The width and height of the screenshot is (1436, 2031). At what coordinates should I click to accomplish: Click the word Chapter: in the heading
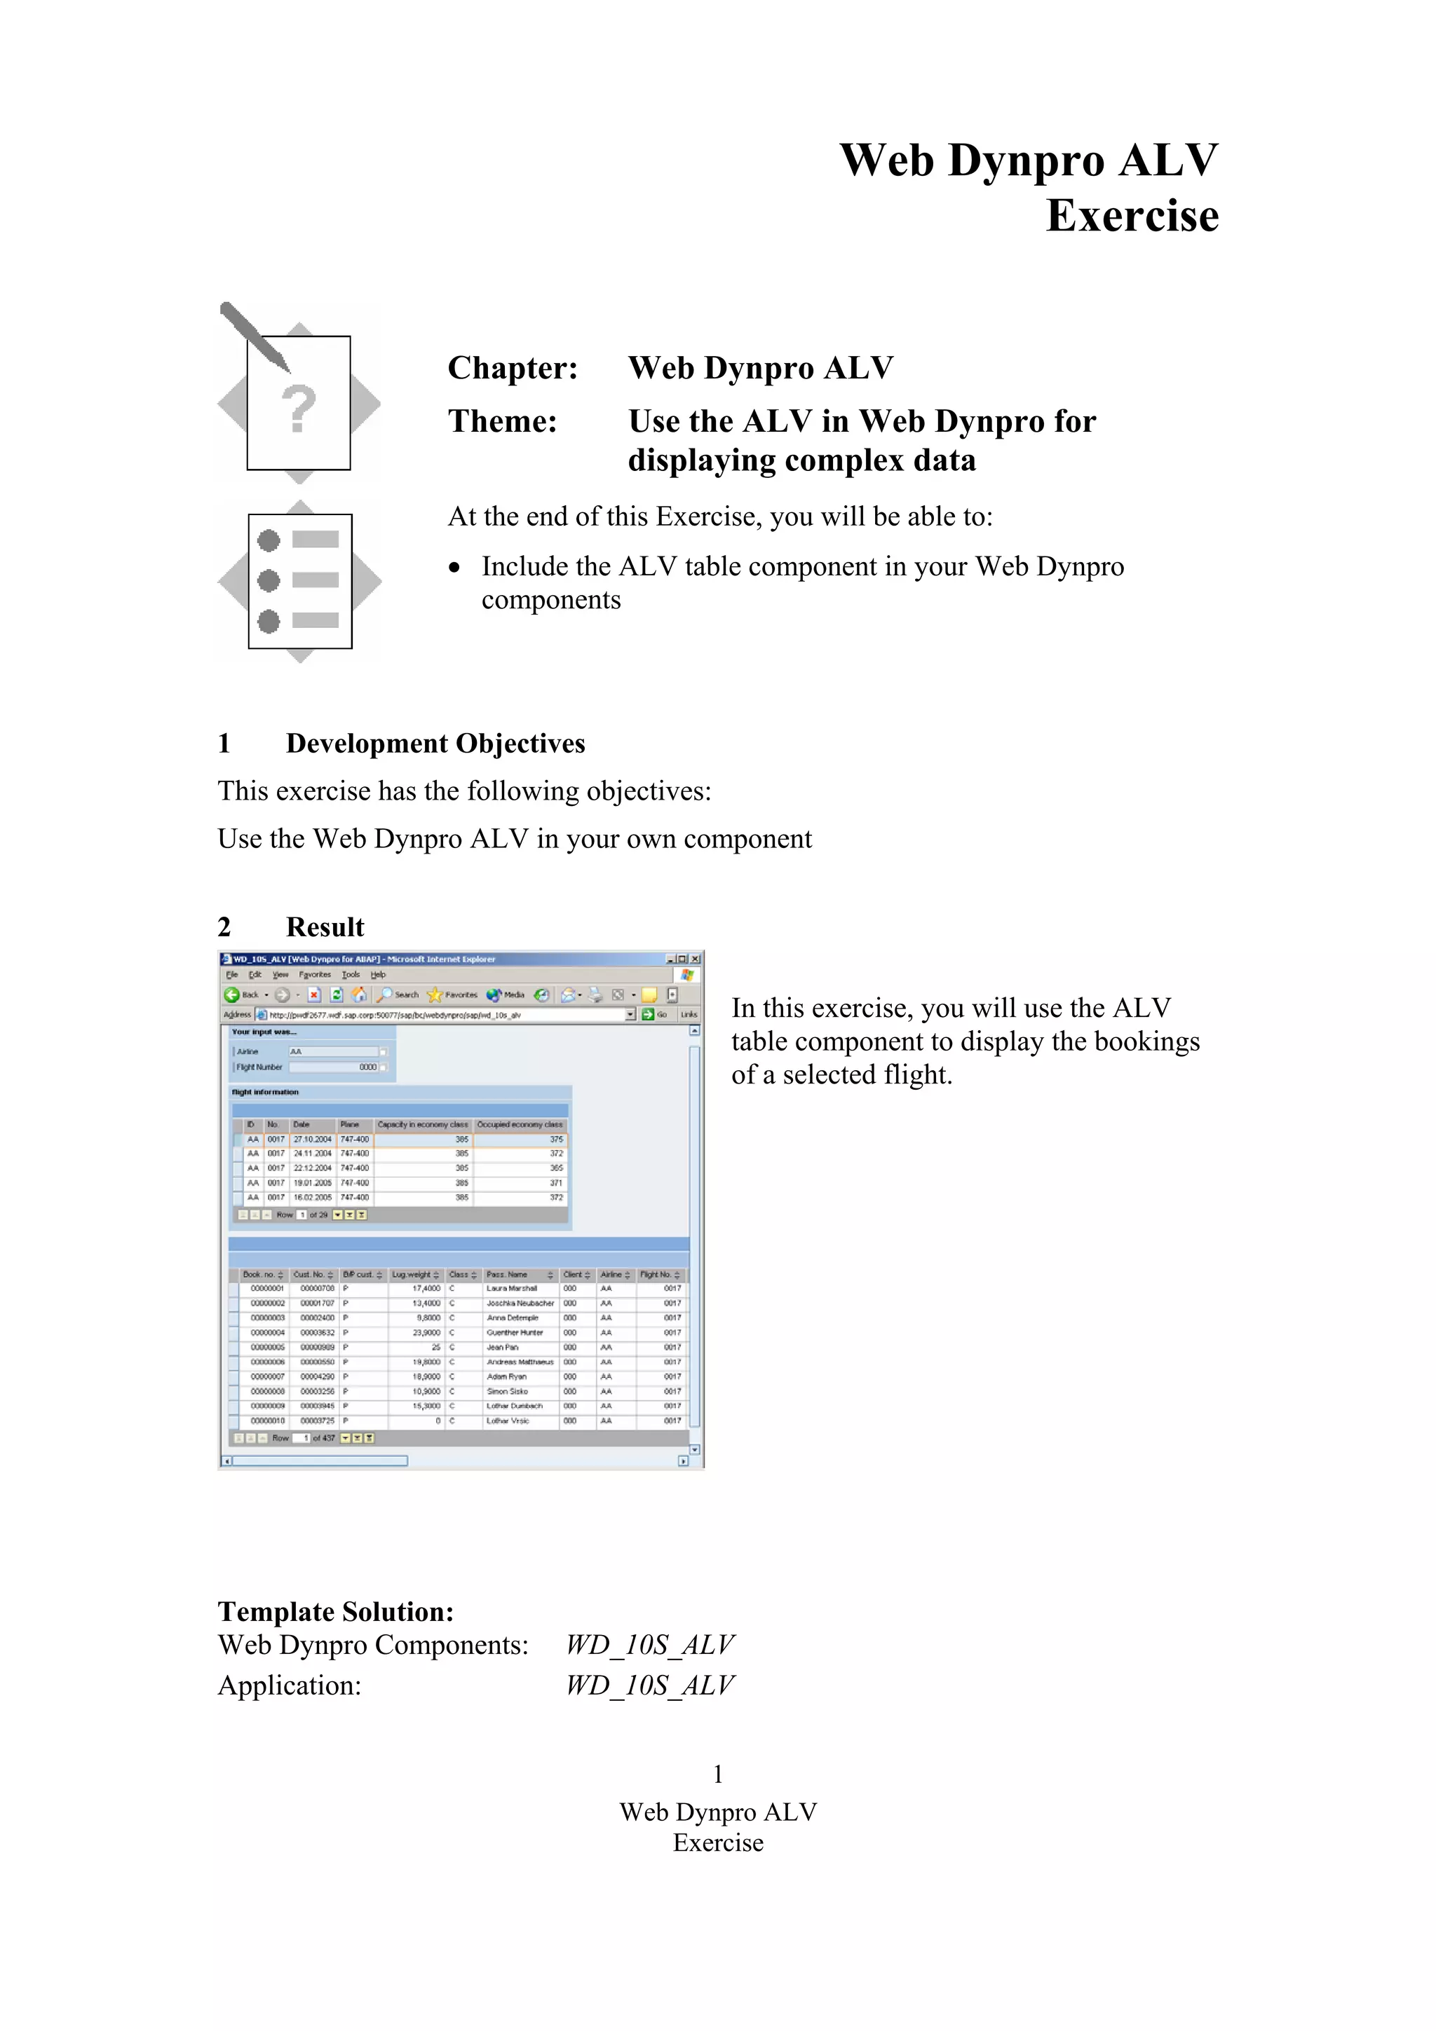click(513, 368)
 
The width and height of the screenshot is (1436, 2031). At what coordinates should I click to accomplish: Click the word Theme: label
click(501, 421)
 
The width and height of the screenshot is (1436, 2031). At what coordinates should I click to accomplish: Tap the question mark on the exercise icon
click(299, 409)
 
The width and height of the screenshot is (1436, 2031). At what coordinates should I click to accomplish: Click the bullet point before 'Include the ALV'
click(455, 568)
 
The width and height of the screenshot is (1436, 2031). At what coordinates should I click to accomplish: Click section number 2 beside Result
click(224, 927)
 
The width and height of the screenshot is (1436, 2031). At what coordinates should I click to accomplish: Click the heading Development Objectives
click(435, 743)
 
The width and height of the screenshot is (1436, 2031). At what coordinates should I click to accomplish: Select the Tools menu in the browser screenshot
click(351, 975)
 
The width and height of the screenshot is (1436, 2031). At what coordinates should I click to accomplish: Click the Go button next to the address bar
click(655, 1015)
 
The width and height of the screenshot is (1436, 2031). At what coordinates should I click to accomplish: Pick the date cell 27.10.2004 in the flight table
click(312, 1140)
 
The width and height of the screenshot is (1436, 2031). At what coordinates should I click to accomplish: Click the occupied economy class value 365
click(555, 1168)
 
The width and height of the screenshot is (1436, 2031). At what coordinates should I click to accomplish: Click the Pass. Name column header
click(507, 1275)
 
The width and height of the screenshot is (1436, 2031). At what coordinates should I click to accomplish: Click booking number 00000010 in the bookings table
click(267, 1421)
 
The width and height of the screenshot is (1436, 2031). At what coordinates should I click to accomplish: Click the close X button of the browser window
click(696, 959)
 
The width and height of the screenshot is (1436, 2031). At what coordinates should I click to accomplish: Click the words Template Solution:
click(335, 1612)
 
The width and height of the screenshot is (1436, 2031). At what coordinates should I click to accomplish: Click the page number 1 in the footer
click(717, 1774)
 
